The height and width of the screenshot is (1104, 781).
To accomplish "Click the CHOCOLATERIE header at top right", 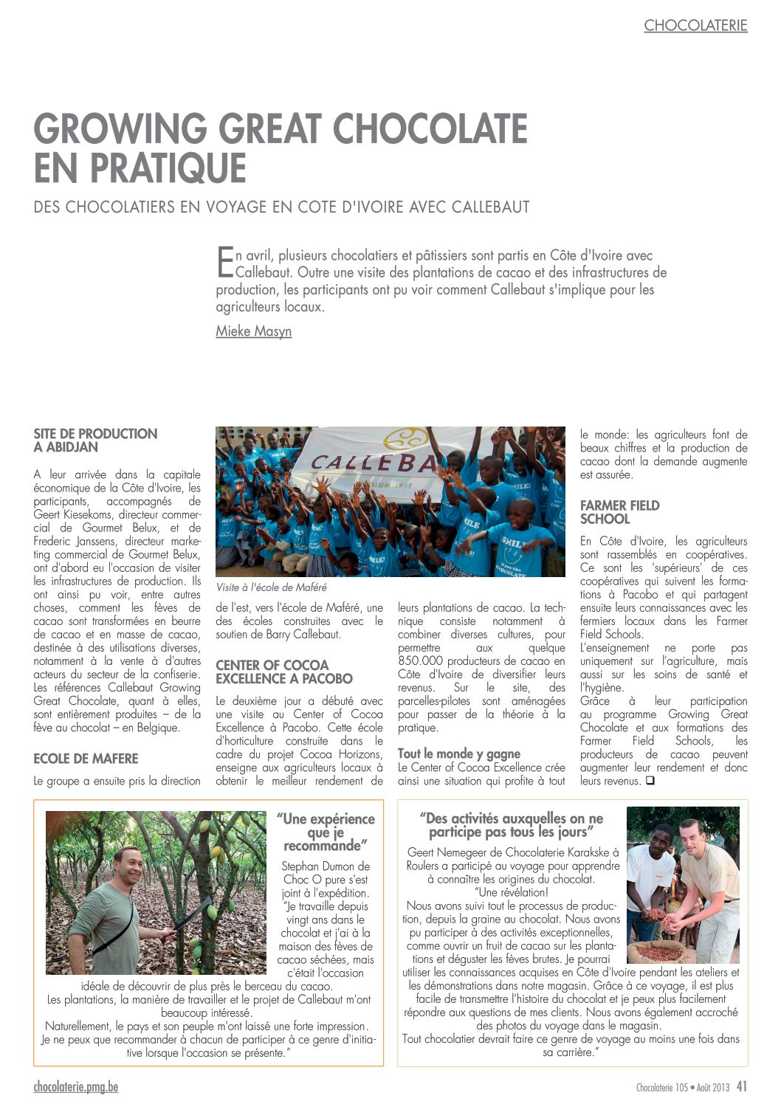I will [x=695, y=25].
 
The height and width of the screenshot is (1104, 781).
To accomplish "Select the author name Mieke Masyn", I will [x=253, y=331].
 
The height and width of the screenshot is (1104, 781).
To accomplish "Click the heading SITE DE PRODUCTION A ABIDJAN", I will [x=95, y=440].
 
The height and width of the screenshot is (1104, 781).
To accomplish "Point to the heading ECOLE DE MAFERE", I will [x=86, y=759].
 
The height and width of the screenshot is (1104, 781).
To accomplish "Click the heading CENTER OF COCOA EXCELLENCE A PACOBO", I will [x=284, y=672].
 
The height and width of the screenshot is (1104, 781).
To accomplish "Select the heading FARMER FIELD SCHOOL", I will [x=619, y=511].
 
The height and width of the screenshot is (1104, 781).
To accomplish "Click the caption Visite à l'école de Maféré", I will [x=271, y=587].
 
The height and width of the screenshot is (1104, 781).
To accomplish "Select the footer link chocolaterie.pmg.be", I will [x=75, y=1087].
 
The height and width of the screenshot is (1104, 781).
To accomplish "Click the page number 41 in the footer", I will [x=741, y=1086].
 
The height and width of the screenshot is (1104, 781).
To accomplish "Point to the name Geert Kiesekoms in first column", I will [x=75, y=514].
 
